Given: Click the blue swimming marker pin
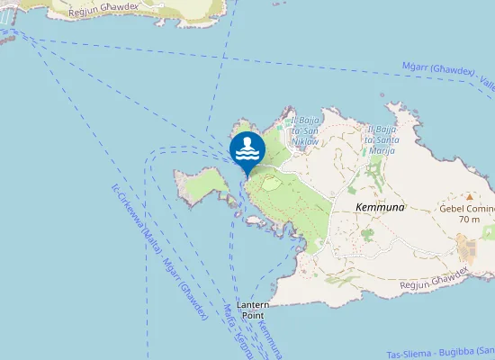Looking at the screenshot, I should click(x=247, y=149).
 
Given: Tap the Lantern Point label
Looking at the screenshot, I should click(x=252, y=310).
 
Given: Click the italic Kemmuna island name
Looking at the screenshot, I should click(x=380, y=207).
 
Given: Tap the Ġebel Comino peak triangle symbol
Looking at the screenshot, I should click(x=468, y=196).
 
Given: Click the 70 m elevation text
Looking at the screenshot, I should click(x=468, y=219).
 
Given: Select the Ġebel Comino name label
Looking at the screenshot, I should click(x=467, y=208).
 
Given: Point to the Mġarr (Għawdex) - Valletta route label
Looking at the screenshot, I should click(x=450, y=76).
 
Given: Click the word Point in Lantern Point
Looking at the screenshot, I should click(x=252, y=316).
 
